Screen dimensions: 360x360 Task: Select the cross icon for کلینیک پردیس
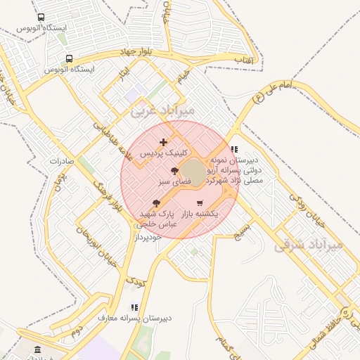point(164,142)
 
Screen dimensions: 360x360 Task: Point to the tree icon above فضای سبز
point(174,171)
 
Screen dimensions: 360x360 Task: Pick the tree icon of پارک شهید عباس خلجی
point(156,203)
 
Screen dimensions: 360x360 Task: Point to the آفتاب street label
point(243,62)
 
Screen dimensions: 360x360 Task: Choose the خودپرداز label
point(148,237)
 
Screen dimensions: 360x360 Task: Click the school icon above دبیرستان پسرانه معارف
point(134,307)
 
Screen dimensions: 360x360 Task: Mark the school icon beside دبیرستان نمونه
point(234,149)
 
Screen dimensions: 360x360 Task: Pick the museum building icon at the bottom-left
point(37,349)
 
